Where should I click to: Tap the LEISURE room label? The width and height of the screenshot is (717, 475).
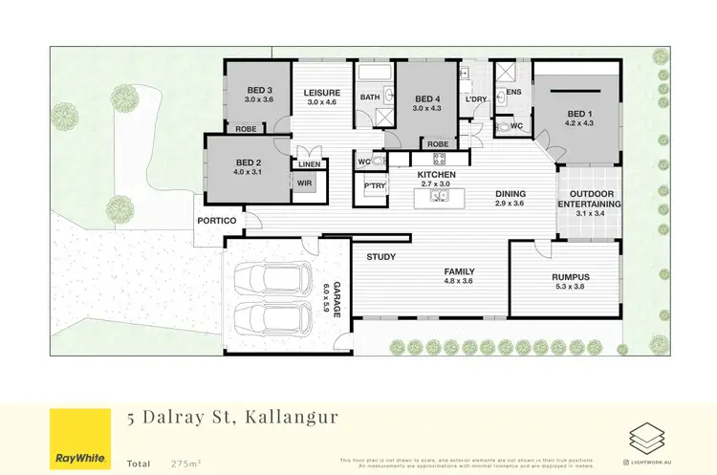323,92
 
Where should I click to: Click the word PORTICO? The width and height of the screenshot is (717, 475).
216,221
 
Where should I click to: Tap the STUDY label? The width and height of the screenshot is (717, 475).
381,257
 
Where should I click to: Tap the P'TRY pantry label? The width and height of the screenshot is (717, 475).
367,186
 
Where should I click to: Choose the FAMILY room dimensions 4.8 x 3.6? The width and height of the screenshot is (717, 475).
459,281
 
